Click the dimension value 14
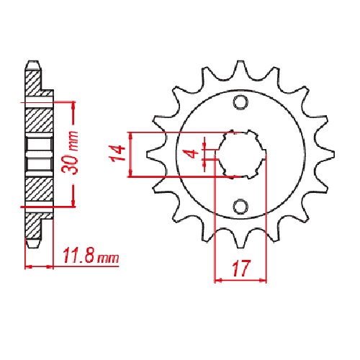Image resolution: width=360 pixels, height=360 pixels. (117, 153)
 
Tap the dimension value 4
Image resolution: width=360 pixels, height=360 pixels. (192, 154)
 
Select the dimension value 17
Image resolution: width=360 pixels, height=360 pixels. (240, 269)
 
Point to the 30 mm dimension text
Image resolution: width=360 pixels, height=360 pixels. (70, 153)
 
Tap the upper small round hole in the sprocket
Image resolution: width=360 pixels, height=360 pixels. (240, 102)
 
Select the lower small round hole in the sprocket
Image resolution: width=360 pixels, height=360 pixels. (240, 207)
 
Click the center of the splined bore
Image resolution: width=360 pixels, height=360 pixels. (241, 154)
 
